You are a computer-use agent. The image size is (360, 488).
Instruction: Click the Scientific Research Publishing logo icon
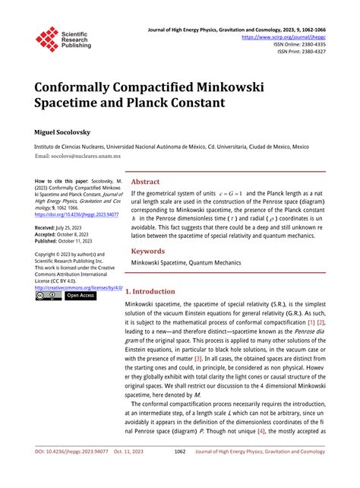47,40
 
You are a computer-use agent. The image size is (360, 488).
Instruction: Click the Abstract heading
146,182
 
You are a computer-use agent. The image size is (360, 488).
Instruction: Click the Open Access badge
80,296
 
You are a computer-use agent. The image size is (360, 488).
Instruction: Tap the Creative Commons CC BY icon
48,296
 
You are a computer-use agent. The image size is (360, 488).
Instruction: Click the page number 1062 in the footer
180,471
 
